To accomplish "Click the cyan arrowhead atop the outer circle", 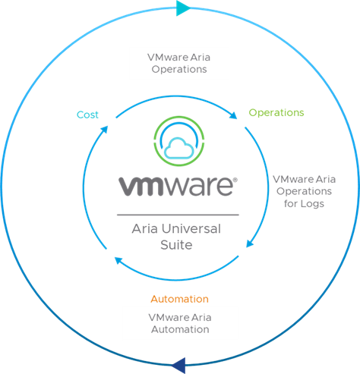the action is point(182,8).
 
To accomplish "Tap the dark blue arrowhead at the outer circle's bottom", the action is point(179,366).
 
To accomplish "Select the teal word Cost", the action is point(87,115).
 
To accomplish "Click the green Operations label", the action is point(276,113).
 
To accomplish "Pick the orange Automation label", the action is point(179,299).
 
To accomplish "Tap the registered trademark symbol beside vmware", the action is point(235,180).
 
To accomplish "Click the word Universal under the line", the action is point(191,229).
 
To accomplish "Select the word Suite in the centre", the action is point(176,245).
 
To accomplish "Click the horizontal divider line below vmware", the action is point(178,215).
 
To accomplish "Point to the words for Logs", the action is point(304,203).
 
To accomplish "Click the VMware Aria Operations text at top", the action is point(179,63).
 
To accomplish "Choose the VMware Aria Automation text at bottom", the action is point(180,323).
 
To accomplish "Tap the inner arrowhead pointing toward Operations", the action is point(233,115).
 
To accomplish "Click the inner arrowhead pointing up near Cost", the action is point(104,130).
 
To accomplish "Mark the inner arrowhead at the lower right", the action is point(250,244).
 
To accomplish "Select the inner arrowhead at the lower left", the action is point(118,260).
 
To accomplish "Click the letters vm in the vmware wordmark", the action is point(141,187).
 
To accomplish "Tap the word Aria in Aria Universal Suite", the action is point(144,229).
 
